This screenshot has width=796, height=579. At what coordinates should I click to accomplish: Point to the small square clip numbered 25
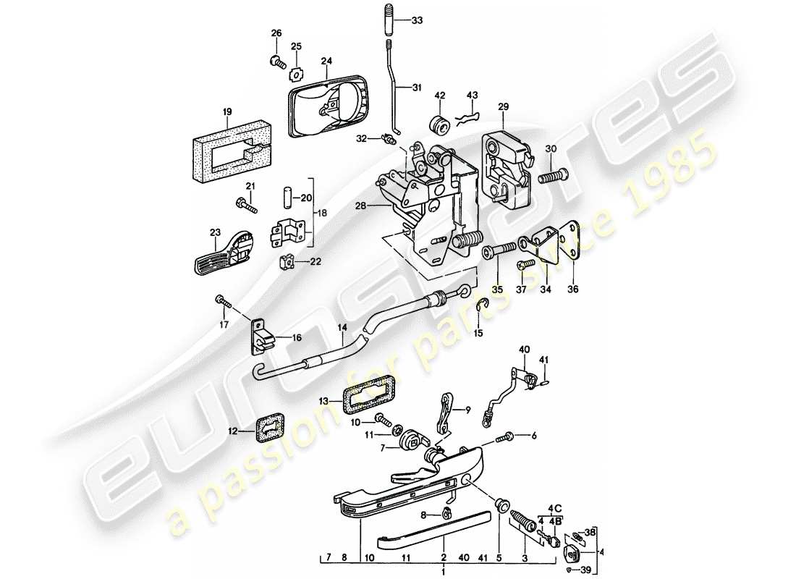click(295, 72)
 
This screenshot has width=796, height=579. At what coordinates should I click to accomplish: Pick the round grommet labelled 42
click(439, 124)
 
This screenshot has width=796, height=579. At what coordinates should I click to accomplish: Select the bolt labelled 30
click(554, 177)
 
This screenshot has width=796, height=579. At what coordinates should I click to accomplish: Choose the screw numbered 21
click(245, 207)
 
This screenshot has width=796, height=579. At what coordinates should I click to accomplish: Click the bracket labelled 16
click(264, 334)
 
